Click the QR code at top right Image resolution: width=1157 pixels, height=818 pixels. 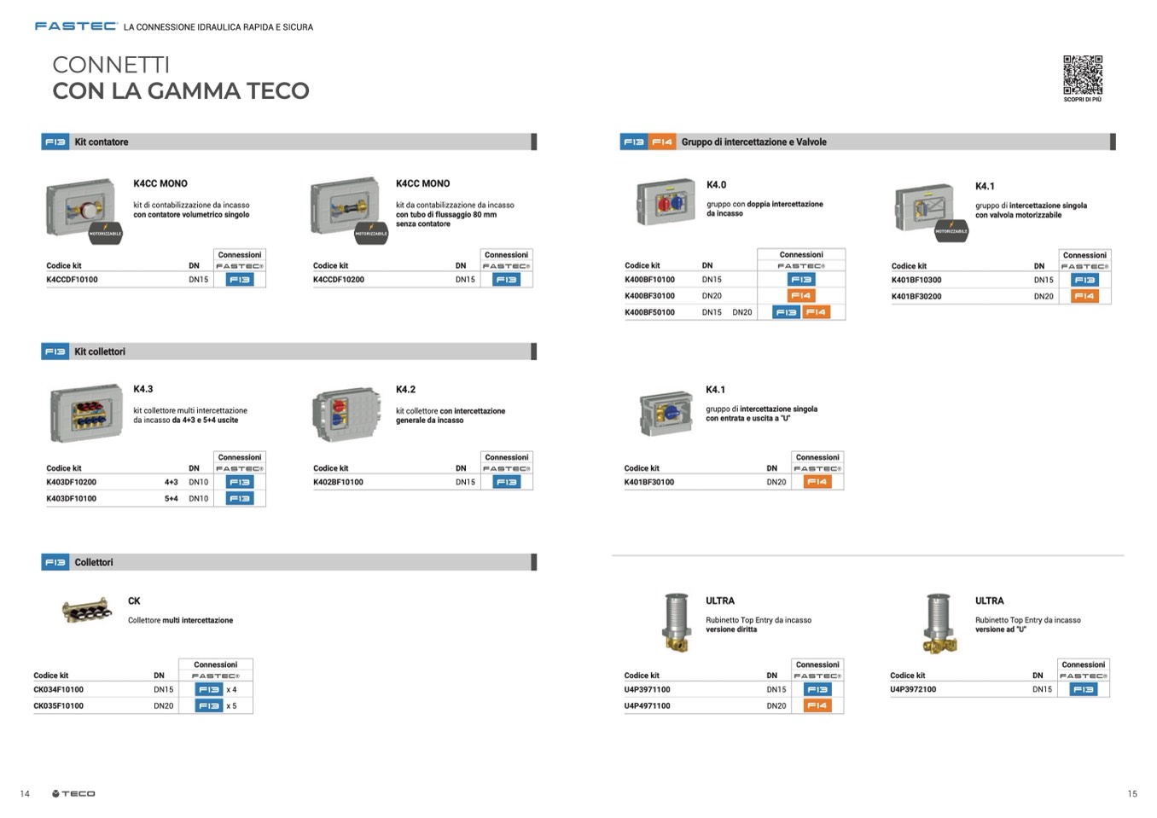(1082, 75)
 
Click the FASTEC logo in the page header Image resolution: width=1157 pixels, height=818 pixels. (75, 26)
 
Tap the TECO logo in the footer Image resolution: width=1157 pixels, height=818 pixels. (73, 794)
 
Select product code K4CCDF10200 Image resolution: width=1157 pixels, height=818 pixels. (339, 280)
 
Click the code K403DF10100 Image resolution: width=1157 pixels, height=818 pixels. (72, 499)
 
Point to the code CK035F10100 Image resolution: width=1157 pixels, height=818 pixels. (59, 706)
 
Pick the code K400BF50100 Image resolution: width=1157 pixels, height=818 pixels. (649, 313)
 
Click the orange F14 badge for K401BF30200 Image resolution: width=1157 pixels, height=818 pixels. (1084, 297)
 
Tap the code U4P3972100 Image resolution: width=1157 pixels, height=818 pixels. (913, 690)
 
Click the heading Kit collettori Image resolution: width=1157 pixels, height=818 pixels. (100, 351)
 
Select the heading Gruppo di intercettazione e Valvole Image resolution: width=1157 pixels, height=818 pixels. (753, 142)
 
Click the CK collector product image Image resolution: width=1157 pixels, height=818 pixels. (86, 611)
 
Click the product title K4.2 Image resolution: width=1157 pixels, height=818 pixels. (405, 390)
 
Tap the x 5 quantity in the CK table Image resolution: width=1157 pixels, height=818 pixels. (231, 706)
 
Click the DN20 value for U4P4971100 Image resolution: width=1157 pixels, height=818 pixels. (776, 706)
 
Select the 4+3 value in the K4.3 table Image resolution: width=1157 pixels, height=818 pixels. (172, 483)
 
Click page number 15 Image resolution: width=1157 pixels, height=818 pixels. (1132, 794)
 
